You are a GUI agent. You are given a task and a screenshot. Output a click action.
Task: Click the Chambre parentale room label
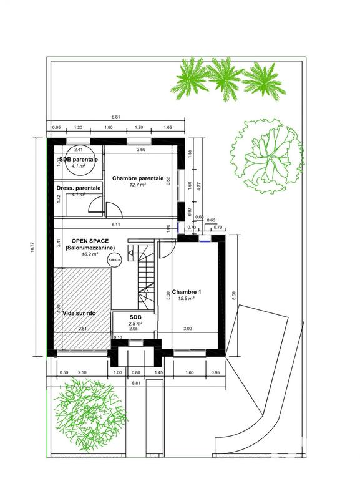click(x=138, y=178)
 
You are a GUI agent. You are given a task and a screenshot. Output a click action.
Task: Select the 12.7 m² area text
click(x=138, y=185)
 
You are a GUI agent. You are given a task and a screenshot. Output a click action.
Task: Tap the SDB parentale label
click(x=78, y=160)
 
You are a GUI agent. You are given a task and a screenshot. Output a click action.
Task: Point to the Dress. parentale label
click(x=78, y=188)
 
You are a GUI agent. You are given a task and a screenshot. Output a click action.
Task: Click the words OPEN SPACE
click(x=90, y=241)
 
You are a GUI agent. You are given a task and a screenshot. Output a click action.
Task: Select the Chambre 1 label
click(x=188, y=292)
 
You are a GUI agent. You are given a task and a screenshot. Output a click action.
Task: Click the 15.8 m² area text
click(x=187, y=299)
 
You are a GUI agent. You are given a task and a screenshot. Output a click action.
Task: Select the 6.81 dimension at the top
click(x=115, y=117)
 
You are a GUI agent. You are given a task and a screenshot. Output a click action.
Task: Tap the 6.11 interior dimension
click(x=115, y=224)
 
